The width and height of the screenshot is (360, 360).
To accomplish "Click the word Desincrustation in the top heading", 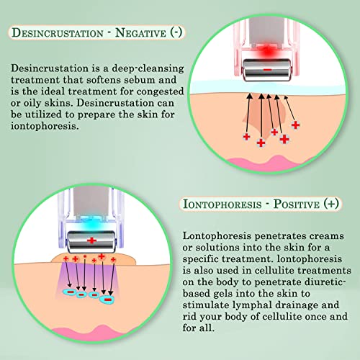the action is [58, 32].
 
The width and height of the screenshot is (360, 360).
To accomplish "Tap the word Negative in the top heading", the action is [140, 32].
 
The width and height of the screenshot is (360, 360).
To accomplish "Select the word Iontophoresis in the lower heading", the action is [222, 204].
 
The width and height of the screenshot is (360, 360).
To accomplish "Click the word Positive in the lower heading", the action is [297, 204].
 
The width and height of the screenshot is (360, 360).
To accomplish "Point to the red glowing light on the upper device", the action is [266, 51].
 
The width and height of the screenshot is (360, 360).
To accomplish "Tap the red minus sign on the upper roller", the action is [267, 70].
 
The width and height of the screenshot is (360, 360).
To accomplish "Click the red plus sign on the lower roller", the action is [91, 240].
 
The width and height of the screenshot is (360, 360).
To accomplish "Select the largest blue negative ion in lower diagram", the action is [107, 300].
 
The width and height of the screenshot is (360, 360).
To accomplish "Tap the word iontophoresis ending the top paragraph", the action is [45, 126].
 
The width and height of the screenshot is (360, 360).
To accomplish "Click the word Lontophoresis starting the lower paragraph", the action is [217, 236].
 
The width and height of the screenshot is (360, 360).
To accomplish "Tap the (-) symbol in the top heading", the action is [176, 32].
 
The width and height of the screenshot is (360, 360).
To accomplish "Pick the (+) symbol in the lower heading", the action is [331, 204].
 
